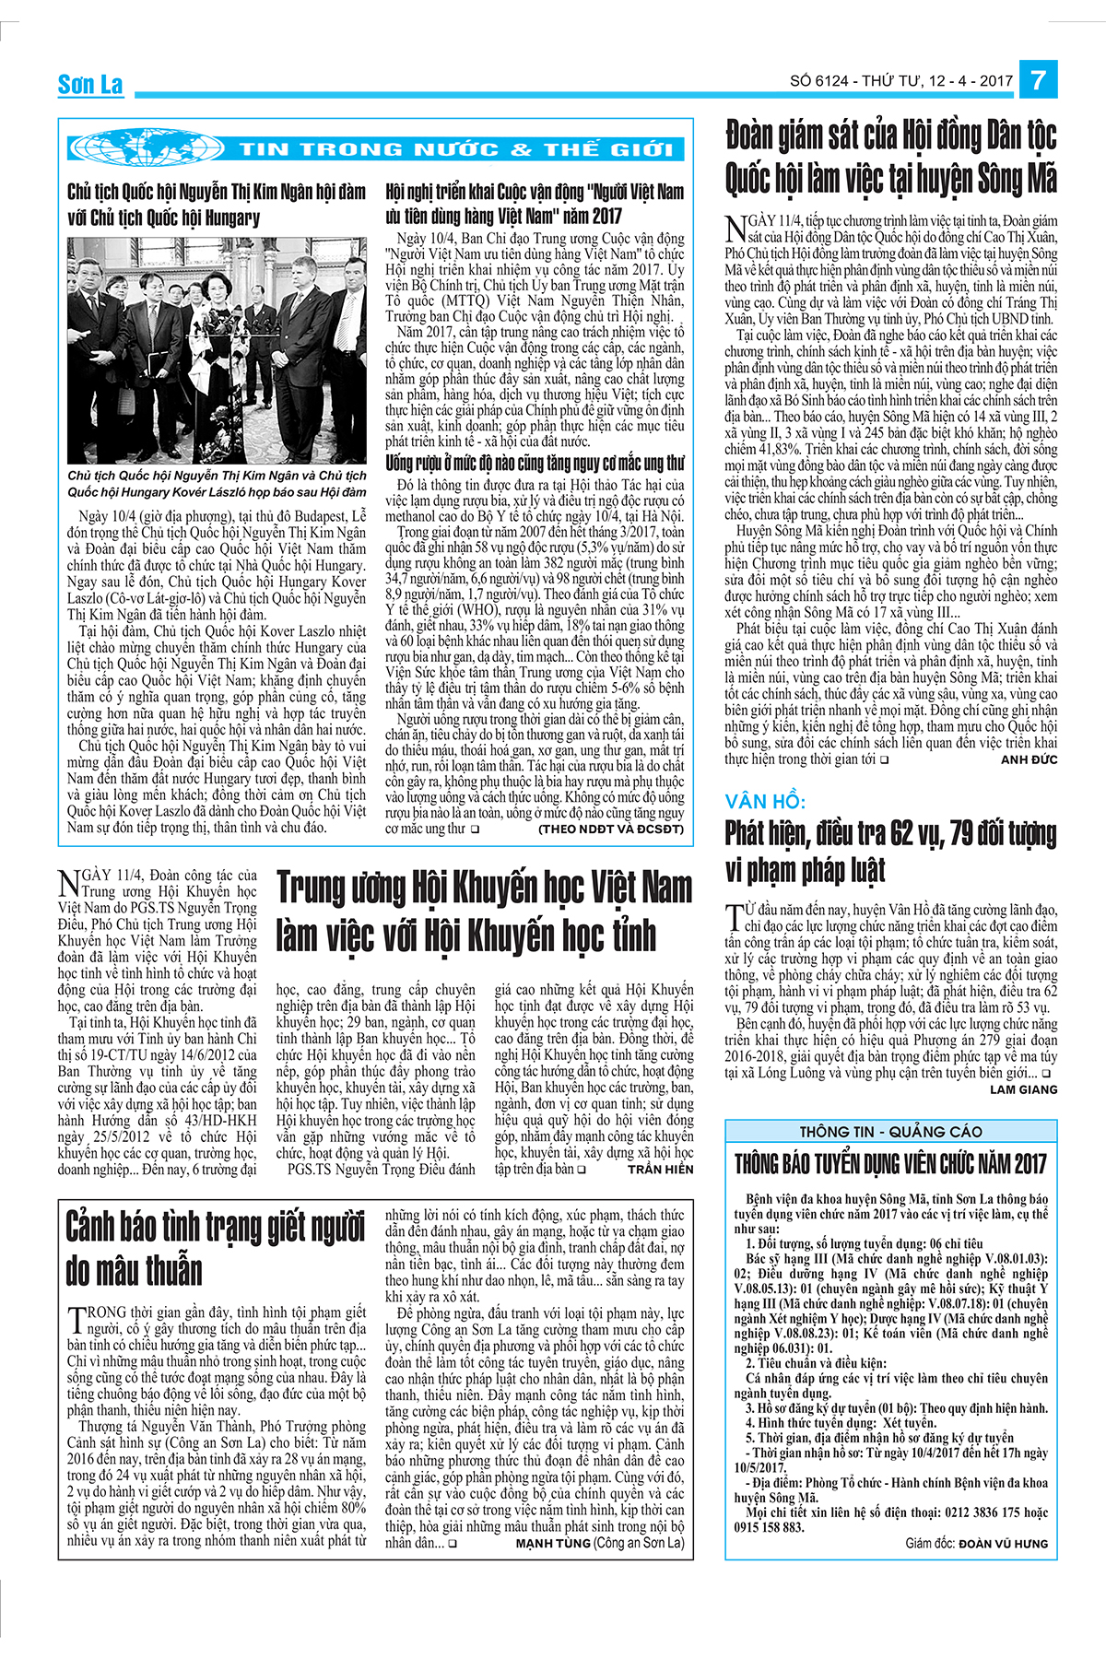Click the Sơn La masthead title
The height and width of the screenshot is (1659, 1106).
(89, 85)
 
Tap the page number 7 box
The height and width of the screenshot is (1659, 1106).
(1038, 80)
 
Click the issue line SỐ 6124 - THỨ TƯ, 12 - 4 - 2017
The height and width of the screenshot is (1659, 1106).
(900, 81)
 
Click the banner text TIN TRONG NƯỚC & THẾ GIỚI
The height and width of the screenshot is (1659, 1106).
(455, 149)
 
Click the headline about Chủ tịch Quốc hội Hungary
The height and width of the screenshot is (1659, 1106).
(217, 205)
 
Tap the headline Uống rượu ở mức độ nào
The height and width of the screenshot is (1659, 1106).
(535, 463)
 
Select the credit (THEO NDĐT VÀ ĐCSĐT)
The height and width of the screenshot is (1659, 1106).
(611, 829)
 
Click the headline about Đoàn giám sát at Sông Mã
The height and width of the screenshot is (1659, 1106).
(890, 157)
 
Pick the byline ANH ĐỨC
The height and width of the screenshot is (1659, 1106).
(1029, 759)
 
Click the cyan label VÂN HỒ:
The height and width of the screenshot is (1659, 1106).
(765, 801)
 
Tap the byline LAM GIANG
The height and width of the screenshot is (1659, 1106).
(1023, 1088)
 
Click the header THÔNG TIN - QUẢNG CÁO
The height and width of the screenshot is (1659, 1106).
(890, 1131)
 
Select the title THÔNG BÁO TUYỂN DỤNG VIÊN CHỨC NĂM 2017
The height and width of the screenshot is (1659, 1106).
(890, 1163)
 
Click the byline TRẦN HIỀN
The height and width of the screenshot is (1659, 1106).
(660, 1169)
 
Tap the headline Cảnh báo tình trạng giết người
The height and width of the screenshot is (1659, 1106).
(216, 1249)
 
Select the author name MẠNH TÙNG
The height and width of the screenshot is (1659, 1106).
(552, 1543)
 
